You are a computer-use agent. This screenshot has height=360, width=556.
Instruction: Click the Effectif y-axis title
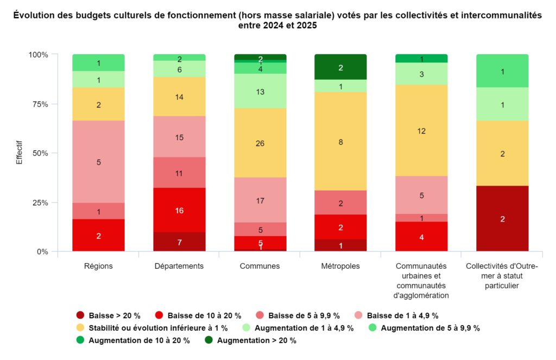click(x=19, y=153)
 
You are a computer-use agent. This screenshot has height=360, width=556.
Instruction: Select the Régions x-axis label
click(x=98, y=266)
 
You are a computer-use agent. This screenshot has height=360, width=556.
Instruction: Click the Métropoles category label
click(x=340, y=266)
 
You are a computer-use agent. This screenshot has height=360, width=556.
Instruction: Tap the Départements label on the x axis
click(x=179, y=266)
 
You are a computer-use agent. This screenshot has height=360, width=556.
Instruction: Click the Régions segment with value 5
click(x=98, y=162)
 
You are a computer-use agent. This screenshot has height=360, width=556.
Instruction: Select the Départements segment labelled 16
click(x=179, y=210)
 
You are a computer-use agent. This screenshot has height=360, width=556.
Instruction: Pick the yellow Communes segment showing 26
click(x=260, y=143)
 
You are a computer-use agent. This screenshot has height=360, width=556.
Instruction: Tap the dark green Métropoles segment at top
click(x=340, y=67)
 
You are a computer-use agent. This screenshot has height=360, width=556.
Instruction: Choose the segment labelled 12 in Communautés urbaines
click(x=421, y=130)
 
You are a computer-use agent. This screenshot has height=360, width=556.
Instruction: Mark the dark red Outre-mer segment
click(x=502, y=219)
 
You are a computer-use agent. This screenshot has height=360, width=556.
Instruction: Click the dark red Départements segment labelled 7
click(x=179, y=242)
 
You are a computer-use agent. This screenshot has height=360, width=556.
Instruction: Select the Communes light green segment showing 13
click(x=260, y=91)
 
